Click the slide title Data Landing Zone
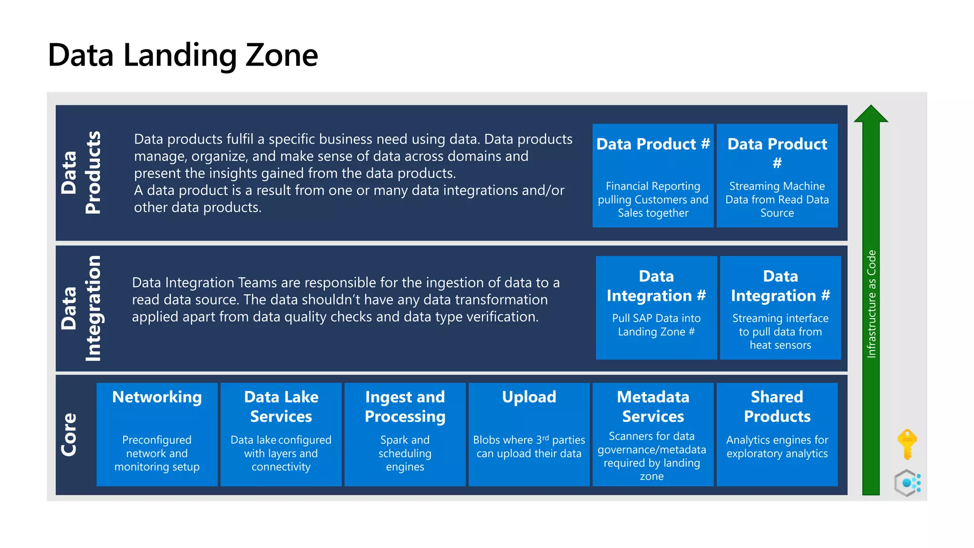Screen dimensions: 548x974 183,55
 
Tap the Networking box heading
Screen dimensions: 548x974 157,397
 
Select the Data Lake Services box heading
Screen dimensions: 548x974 281,406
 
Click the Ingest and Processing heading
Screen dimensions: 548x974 405,406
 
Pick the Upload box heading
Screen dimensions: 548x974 529,397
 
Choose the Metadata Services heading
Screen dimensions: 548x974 653,406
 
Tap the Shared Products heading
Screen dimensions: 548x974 777,406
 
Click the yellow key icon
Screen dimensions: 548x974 907,443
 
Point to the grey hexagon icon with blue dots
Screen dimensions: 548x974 907,483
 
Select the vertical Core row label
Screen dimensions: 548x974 69,434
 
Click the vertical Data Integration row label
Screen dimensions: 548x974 81,308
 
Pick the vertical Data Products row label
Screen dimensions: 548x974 81,172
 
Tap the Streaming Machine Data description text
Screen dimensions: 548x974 777,199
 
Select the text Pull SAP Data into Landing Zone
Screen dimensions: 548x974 656,325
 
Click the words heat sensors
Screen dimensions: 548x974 780,345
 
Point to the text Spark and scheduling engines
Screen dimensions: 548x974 405,453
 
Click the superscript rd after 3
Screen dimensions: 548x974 545,437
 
